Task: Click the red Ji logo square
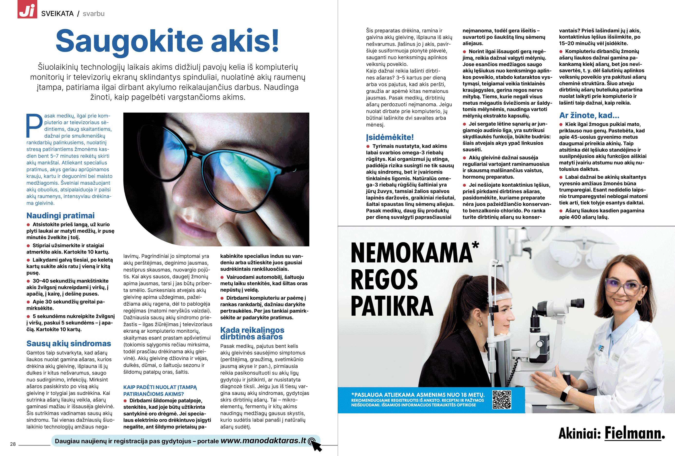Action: click(27, 9)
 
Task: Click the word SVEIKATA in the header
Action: click(57, 14)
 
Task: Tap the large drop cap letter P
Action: click(34, 125)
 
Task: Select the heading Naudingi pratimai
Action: click(60, 215)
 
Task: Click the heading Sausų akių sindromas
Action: click(68, 343)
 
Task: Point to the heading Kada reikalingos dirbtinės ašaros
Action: click(252, 333)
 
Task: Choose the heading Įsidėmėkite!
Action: click(390, 137)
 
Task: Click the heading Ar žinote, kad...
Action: click(589, 115)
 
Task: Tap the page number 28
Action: click(13, 444)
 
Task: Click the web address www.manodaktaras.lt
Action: click(263, 441)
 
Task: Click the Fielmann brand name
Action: click(634, 433)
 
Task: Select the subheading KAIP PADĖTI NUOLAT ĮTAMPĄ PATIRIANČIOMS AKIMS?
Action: click(160, 390)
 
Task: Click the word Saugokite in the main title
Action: click(129, 41)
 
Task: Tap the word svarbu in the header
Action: click(94, 14)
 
